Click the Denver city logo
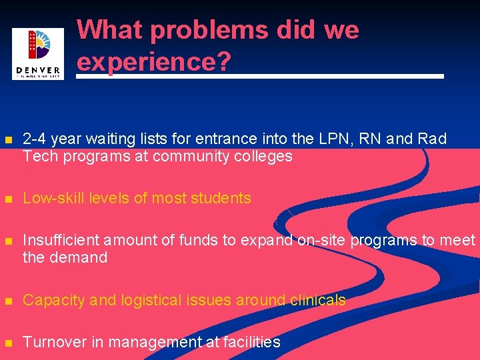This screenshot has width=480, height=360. (38, 53)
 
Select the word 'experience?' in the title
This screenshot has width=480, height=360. (154, 61)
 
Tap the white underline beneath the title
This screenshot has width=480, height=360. (260, 77)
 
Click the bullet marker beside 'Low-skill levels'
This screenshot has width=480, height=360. (8, 199)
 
